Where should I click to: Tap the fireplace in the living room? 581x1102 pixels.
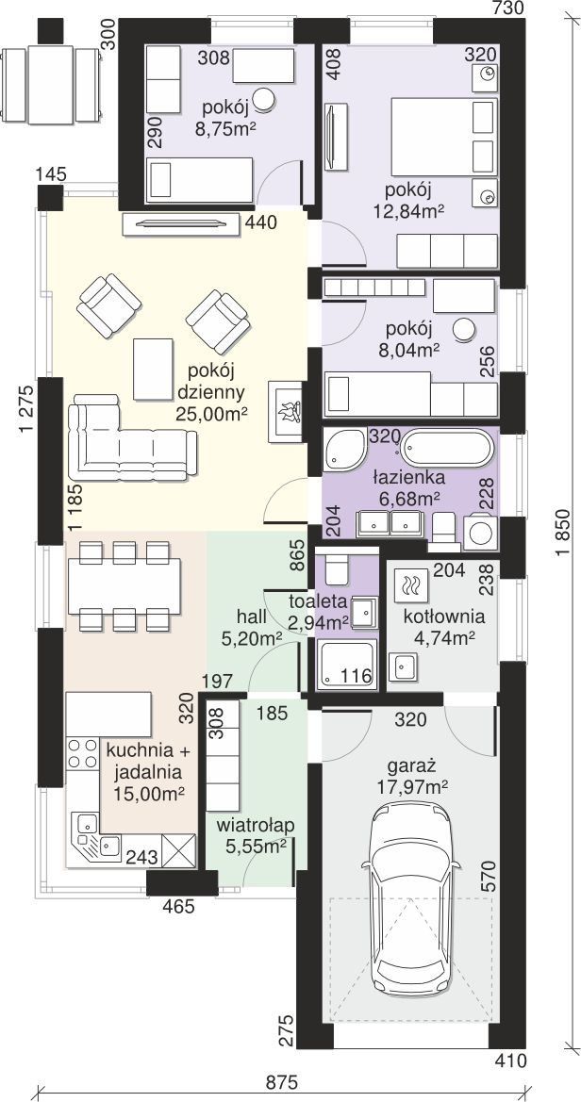coord(286,412)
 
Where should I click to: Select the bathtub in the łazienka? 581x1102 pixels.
coord(444,449)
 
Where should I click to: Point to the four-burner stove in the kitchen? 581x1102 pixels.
coord(82,752)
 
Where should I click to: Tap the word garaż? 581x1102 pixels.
coord(411,765)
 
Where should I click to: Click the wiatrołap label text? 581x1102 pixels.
coord(254,824)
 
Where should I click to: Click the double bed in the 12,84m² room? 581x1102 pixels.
coord(444,137)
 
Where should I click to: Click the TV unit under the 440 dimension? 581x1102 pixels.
coord(181,224)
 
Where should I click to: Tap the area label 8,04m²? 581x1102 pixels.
coord(412,347)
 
